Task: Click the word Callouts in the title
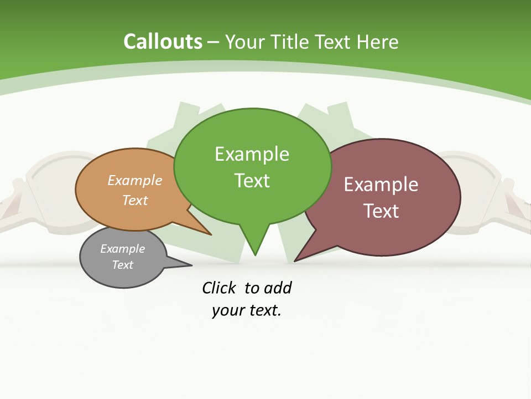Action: [163, 42]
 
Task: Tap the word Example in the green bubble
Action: [252, 154]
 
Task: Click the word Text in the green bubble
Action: [252, 181]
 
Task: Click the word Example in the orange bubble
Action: [135, 180]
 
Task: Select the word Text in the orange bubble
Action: [135, 200]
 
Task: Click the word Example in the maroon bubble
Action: [381, 185]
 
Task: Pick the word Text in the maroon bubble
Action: [381, 211]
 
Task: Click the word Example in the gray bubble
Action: [122, 249]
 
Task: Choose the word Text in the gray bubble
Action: [122, 265]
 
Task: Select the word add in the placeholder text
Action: [278, 288]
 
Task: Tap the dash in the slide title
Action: [214, 42]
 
